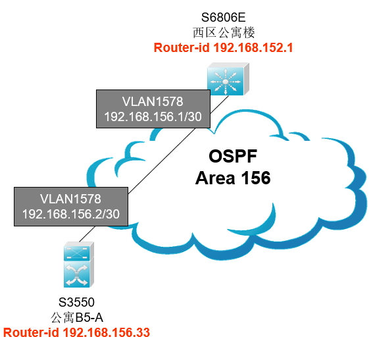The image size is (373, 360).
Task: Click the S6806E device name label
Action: click(x=223, y=17)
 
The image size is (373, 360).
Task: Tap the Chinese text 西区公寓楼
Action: click(x=224, y=33)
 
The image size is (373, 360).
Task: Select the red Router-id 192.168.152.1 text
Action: click(x=223, y=47)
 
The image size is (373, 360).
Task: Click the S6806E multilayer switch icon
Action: click(x=228, y=79)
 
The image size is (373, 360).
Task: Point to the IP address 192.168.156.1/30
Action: click(x=153, y=116)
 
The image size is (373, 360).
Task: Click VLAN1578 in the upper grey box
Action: click(x=153, y=101)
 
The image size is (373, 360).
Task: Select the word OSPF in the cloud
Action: click(x=233, y=157)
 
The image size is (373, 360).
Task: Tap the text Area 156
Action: click(x=233, y=178)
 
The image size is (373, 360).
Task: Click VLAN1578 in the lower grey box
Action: click(x=70, y=199)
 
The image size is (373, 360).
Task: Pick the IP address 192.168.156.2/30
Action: click(x=71, y=214)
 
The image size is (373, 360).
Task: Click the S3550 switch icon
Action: click(x=79, y=265)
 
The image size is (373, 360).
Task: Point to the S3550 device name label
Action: click(x=76, y=302)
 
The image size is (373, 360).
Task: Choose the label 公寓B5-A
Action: click(x=77, y=317)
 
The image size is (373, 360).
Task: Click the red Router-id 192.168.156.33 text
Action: click(x=76, y=332)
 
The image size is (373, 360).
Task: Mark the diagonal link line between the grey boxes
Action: click(x=162, y=161)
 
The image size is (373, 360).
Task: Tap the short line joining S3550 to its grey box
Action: click(x=87, y=234)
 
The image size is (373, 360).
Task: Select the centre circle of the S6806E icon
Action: click(x=226, y=82)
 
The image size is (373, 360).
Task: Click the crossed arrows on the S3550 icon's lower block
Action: click(x=76, y=275)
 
